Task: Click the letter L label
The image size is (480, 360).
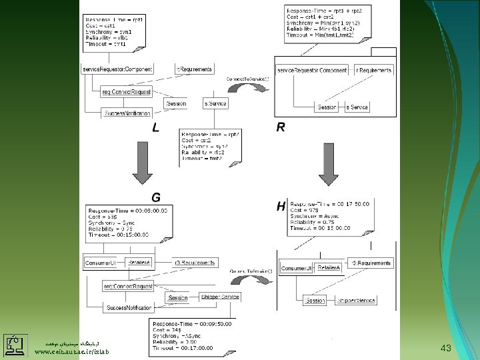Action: coord(155,128)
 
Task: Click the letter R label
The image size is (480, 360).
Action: coord(281,128)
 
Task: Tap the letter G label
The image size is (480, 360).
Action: coord(156,197)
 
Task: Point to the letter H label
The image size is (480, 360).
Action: coord(281,207)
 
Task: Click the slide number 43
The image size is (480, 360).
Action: coord(446,349)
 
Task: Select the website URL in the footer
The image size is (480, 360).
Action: coord(71,351)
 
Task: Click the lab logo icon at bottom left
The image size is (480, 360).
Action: coord(14,345)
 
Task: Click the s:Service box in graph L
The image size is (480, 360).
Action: coord(215,103)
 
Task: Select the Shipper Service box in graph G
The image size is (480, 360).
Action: coord(218,297)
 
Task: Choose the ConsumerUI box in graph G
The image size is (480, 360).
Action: coord(100,263)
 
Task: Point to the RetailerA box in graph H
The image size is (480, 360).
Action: coord(329,267)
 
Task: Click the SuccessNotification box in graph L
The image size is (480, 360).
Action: coord(127,114)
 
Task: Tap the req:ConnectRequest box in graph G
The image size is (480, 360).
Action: coord(127,287)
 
